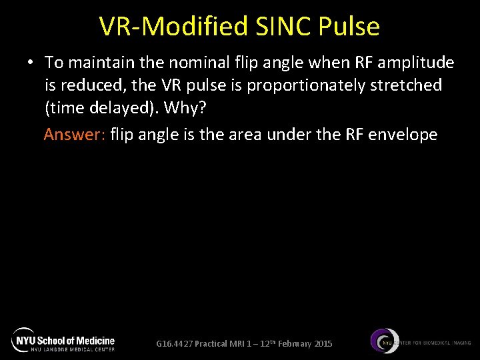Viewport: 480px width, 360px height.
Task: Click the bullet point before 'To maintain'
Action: click(31, 63)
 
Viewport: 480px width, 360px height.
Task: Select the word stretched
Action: click(407, 85)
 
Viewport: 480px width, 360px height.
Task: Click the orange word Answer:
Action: click(74, 135)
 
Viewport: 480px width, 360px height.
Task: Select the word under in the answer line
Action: click(289, 135)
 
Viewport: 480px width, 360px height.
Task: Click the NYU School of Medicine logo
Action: click(63, 340)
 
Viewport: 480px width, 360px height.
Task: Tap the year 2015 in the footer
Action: click(322, 344)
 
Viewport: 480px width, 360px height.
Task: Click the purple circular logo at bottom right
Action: click(385, 341)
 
